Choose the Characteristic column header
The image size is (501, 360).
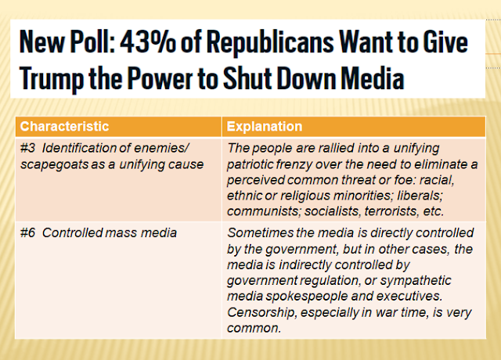click(x=64, y=126)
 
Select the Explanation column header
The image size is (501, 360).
click(x=265, y=127)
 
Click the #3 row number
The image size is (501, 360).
click(x=27, y=148)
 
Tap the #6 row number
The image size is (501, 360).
click(x=27, y=233)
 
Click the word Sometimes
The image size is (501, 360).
click(x=260, y=233)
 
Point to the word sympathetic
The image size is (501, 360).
click(x=416, y=281)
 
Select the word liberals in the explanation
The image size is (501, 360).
click(x=420, y=196)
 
